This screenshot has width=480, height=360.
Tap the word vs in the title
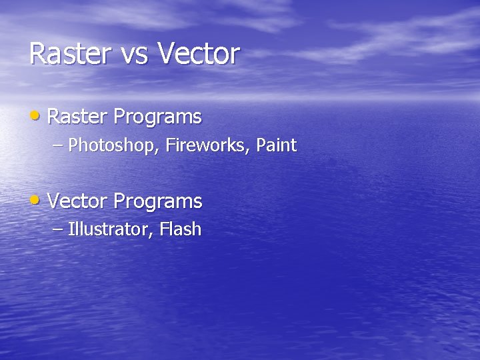(135, 55)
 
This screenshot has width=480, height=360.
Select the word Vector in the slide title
(198, 54)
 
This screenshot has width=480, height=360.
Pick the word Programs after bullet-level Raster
(157, 118)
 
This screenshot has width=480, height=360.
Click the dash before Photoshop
(58, 145)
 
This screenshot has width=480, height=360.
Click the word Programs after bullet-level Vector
(158, 202)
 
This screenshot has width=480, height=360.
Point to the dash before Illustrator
(58, 229)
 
